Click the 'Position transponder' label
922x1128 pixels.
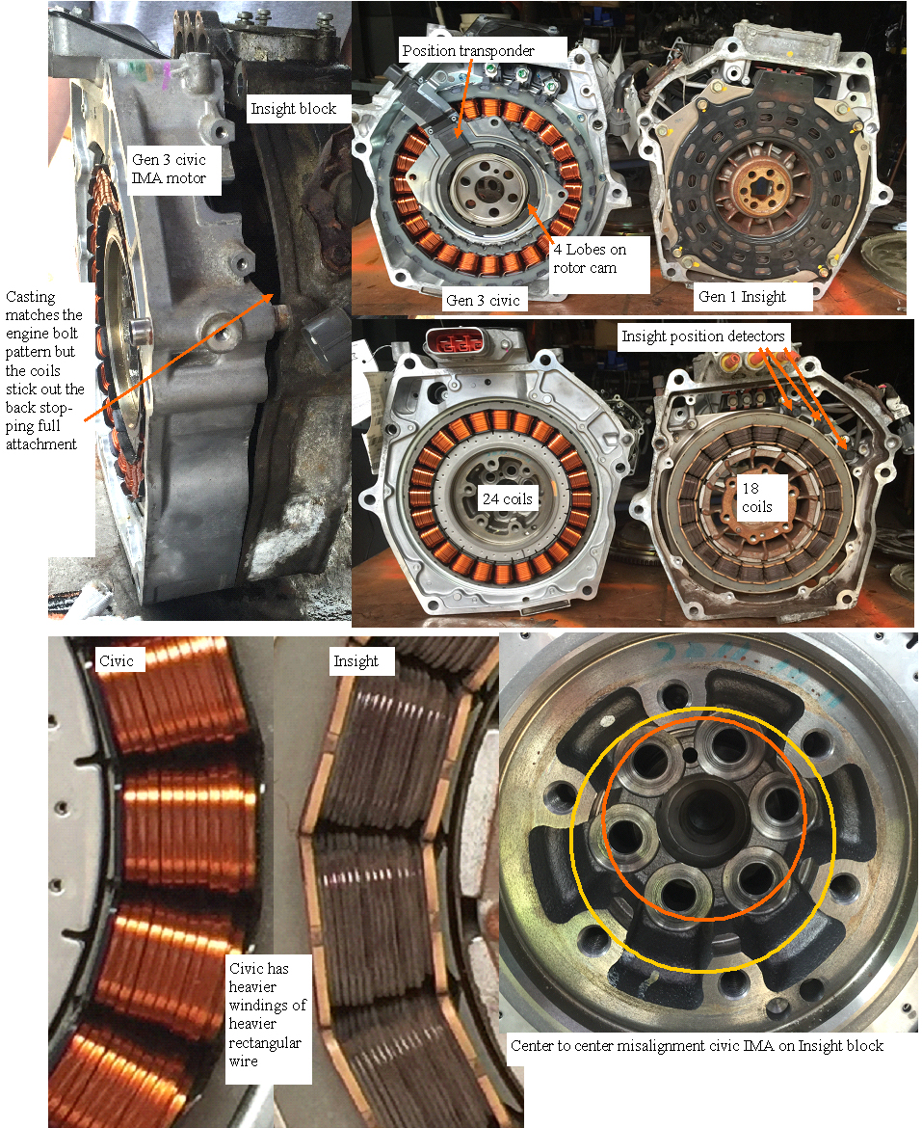point(468,50)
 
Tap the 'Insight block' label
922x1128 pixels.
point(293,109)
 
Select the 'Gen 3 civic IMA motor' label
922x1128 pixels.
point(169,169)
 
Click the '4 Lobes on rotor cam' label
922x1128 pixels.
point(590,258)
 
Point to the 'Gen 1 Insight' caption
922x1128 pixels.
point(743,296)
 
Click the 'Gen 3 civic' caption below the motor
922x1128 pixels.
point(483,300)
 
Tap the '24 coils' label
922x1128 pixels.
point(508,498)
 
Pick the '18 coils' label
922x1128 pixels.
point(756,497)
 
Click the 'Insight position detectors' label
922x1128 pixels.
point(702,336)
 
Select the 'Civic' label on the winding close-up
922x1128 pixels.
point(117,660)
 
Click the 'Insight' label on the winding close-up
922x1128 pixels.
point(356,661)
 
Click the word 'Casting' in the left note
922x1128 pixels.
point(30,297)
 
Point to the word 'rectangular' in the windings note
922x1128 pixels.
point(264,1042)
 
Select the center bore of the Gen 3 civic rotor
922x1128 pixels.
point(490,188)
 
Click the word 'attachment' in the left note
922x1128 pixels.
point(41,443)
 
